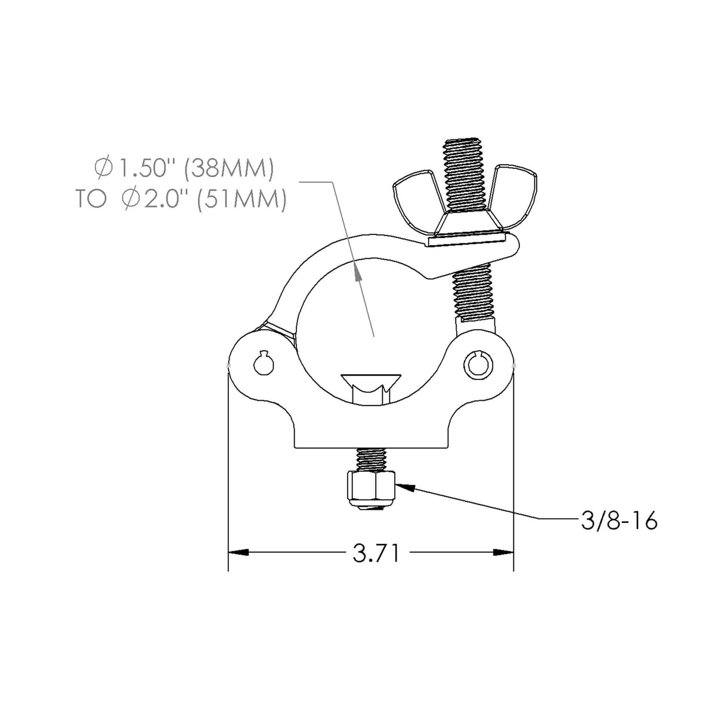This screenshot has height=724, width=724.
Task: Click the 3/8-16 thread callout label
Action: coord(618,521)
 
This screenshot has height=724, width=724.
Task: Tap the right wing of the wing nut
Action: coord(516,189)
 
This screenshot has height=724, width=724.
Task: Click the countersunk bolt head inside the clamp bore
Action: coord(370,382)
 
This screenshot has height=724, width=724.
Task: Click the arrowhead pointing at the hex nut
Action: coord(404,487)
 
